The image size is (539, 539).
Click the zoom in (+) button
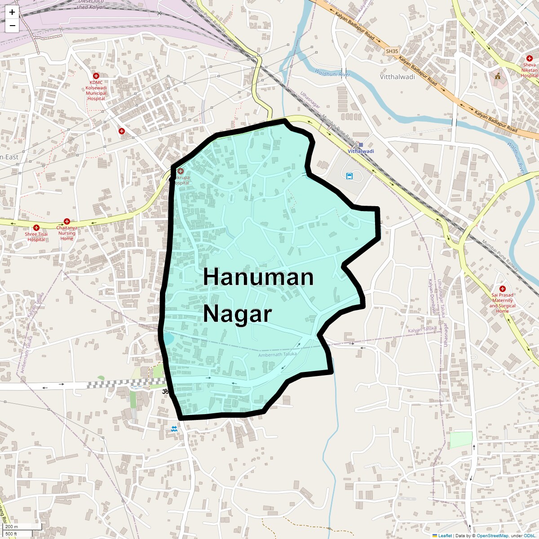click(12, 13)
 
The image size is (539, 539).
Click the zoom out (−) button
click(12, 26)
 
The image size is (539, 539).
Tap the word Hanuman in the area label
click(258, 277)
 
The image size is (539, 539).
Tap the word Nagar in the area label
click(238, 314)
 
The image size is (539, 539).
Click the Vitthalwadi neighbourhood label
click(398, 77)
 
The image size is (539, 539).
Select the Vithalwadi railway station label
click(361, 151)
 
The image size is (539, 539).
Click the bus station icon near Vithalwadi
click(349, 176)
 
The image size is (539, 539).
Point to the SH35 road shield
click(392, 51)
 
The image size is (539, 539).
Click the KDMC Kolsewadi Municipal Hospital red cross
click(96, 76)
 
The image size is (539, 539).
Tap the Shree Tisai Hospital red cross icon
click(36, 228)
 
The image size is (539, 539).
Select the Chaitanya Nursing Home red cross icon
click(67, 221)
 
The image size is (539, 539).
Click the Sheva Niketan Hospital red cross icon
click(529, 59)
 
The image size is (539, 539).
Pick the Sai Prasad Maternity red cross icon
click(502, 289)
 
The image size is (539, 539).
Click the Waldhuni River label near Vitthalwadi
click(332, 73)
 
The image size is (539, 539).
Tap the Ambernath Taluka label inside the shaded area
click(277, 354)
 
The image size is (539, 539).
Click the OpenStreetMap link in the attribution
click(492, 535)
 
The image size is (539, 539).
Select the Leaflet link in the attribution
click(445, 535)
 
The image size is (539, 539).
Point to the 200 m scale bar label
click(12, 527)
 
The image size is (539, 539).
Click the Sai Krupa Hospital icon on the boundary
click(180, 171)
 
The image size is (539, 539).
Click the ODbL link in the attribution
click(531, 535)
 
